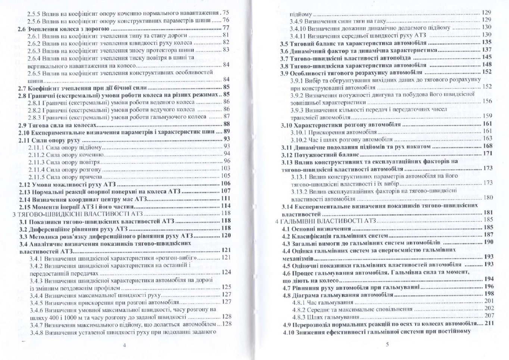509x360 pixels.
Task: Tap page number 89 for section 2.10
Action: pyautogui.click(x=227, y=131)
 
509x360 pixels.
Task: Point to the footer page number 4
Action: pyautogui.click(x=124, y=345)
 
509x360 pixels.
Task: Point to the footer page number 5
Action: pyautogui.click(x=387, y=344)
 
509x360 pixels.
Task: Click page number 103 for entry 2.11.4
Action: pyautogui.click(x=225, y=168)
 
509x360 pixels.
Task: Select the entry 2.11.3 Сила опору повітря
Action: pyautogui.click(x=64, y=162)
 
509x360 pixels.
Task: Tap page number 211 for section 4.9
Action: pyautogui.click(x=488, y=323)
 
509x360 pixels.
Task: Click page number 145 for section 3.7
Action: pyautogui.click(x=487, y=57)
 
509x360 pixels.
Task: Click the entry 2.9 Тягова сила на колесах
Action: pyautogui.click(x=58, y=125)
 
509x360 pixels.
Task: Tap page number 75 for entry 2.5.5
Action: pyautogui.click(x=226, y=13)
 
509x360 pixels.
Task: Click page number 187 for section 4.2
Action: pyautogui.click(x=488, y=235)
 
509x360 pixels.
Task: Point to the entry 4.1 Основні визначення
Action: pyautogui.click(x=316, y=229)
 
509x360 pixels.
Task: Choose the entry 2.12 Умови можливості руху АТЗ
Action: pyautogui.click(x=68, y=184)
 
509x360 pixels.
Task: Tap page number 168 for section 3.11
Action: pyautogui.click(x=487, y=146)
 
